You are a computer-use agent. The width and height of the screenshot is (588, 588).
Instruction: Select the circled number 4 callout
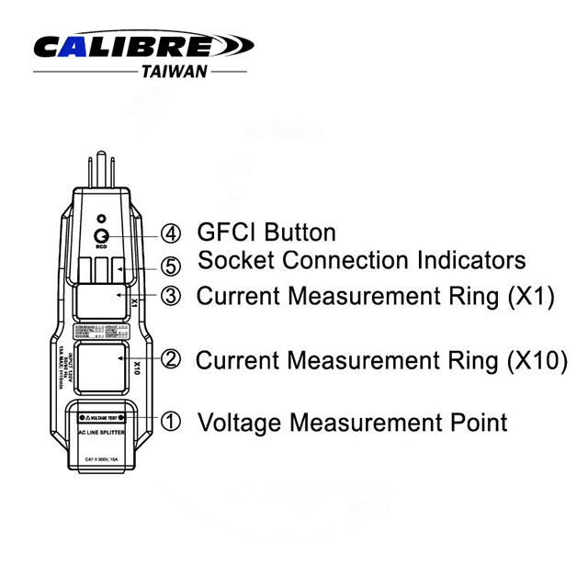click(x=171, y=232)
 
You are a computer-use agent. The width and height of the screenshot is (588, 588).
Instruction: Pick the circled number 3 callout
click(x=171, y=297)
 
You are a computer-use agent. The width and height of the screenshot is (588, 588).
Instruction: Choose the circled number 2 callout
click(x=171, y=359)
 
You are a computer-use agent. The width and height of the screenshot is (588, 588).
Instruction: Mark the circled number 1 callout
click(x=171, y=423)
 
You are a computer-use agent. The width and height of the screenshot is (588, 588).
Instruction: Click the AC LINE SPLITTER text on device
click(x=101, y=431)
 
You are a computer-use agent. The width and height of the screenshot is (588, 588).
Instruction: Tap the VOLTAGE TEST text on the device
click(x=103, y=416)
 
